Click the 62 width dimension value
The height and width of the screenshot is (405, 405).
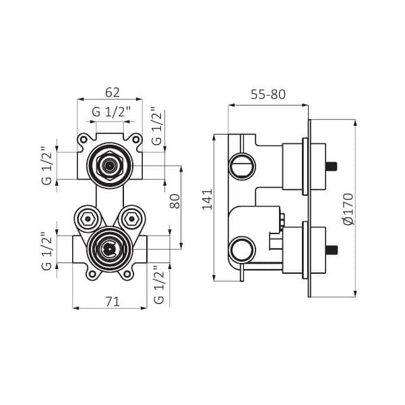(113, 92)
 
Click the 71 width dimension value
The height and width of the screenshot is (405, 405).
(113, 301)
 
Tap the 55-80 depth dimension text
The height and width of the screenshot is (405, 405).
(268, 95)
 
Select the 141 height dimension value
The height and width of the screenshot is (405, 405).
(208, 200)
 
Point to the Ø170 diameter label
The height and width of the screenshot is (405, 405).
(348, 209)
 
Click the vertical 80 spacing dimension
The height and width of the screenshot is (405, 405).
(175, 201)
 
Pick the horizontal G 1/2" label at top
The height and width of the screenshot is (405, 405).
(111, 112)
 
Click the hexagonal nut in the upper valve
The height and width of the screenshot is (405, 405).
(109, 165)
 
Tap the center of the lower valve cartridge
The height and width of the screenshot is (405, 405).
(110, 249)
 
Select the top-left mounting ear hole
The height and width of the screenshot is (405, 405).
(84, 140)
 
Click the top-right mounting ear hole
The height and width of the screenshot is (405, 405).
(135, 140)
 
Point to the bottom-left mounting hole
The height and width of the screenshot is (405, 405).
(92, 274)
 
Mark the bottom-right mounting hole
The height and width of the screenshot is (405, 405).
(127, 274)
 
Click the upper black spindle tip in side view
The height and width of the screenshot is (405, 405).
(332, 165)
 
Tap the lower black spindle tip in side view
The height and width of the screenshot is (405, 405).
(332, 250)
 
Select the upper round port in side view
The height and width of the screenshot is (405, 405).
(242, 165)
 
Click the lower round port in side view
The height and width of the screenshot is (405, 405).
(242, 250)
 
